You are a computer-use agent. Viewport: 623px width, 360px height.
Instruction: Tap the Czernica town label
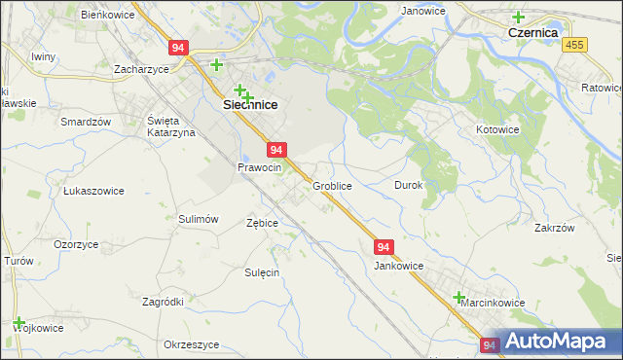(x=531, y=32)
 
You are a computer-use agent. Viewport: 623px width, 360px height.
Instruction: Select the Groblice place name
(x=332, y=185)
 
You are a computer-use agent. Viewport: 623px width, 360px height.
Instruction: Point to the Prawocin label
(x=259, y=167)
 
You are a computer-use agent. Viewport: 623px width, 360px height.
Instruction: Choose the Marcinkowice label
(x=493, y=303)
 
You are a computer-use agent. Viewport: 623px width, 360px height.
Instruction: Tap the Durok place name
(x=408, y=185)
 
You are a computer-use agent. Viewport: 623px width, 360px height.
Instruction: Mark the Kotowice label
(x=498, y=129)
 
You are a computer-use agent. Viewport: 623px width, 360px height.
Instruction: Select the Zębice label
(x=262, y=223)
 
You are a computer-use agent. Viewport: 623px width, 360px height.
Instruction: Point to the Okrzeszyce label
(x=191, y=345)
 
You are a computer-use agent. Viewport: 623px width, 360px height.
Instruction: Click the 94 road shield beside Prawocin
(x=277, y=150)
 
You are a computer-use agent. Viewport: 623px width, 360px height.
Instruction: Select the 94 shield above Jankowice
(x=384, y=248)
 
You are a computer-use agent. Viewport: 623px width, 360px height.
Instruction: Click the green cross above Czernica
(x=518, y=17)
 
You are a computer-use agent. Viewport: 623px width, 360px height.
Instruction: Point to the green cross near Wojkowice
(x=18, y=322)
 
